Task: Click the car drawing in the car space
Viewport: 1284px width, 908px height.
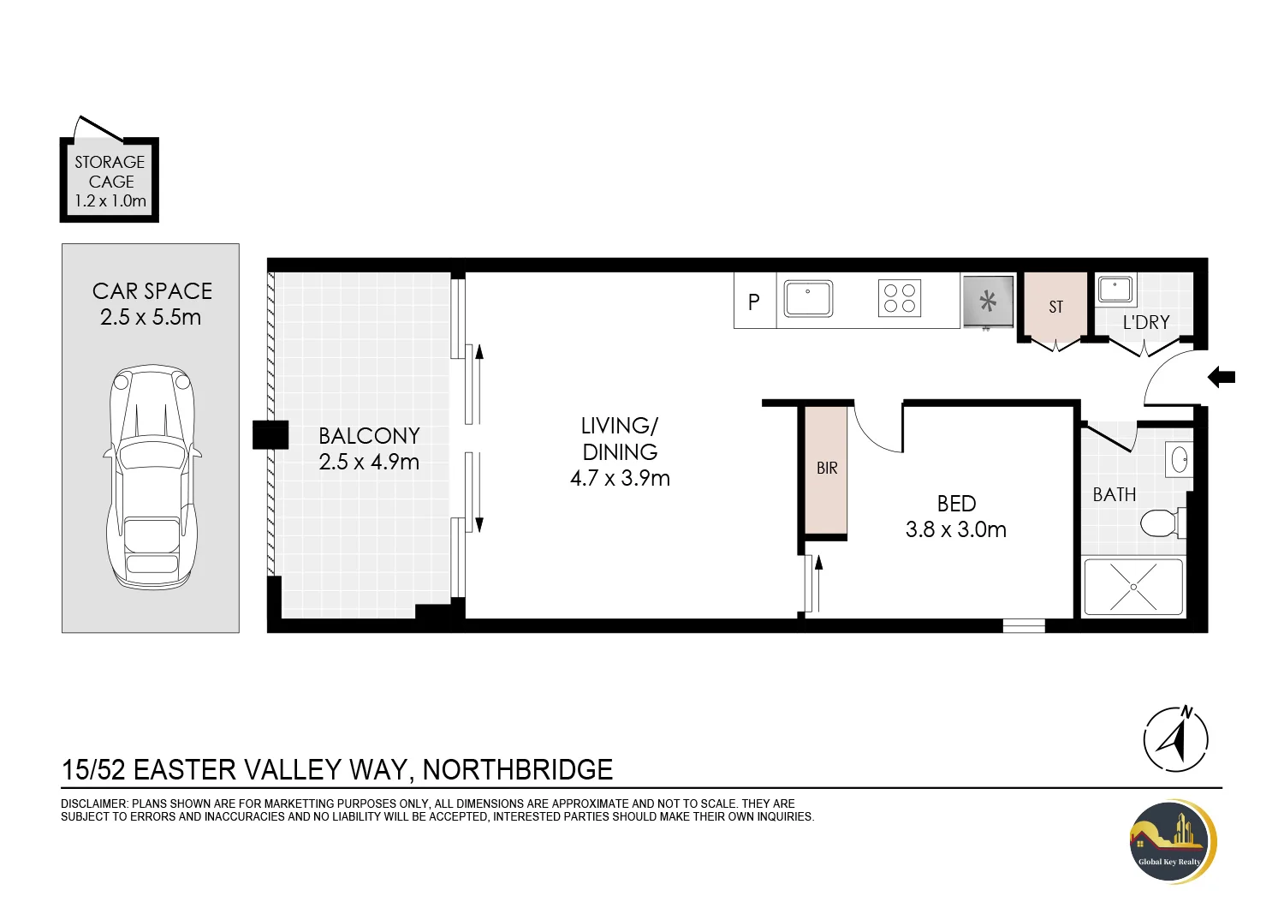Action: tap(152, 477)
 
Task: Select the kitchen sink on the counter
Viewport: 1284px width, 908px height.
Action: tap(808, 298)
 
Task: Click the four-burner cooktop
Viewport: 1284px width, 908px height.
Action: tap(900, 298)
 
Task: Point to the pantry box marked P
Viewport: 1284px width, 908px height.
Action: tap(755, 301)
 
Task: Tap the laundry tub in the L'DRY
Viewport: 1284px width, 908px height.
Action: tap(1115, 289)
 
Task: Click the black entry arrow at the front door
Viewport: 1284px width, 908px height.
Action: tap(1221, 378)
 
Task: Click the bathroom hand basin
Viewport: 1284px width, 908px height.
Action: tap(1179, 459)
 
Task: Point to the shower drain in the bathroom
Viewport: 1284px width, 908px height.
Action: tap(1133, 587)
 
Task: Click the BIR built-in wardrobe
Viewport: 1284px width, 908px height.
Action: tap(826, 470)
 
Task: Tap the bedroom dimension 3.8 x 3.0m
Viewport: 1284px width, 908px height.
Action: tap(955, 529)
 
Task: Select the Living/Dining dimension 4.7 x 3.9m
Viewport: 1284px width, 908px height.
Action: tap(620, 478)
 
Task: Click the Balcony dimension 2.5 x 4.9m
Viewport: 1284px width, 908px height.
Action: tap(369, 462)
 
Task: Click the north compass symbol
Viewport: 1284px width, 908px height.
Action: tap(1175, 740)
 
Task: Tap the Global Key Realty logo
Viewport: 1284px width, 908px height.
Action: tap(1173, 841)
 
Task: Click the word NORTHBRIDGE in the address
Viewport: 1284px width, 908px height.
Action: tap(518, 770)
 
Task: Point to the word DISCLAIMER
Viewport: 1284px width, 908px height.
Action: tap(92, 803)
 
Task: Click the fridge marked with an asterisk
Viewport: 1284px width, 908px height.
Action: tap(988, 302)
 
